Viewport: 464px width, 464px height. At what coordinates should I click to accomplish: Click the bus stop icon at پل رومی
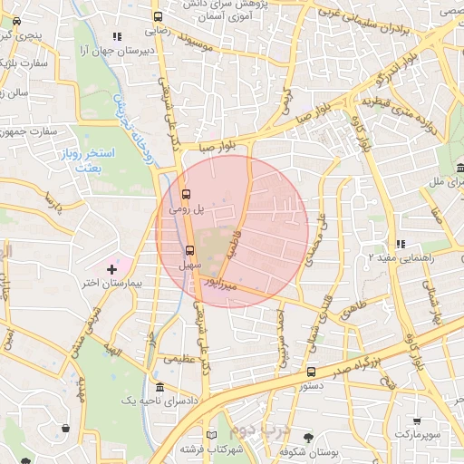(x=187, y=194)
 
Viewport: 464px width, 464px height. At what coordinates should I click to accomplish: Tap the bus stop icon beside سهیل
(x=190, y=250)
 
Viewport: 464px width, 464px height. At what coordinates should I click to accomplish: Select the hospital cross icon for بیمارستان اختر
(x=112, y=269)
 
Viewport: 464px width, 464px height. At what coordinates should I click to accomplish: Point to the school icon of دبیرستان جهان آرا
(x=116, y=36)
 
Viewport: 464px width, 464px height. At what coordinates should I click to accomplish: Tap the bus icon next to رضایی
(x=159, y=16)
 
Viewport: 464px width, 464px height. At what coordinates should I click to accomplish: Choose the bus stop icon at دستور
(x=312, y=372)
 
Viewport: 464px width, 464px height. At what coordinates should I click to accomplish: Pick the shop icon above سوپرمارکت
(x=416, y=420)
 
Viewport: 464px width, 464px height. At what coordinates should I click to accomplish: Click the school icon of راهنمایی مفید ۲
(x=400, y=244)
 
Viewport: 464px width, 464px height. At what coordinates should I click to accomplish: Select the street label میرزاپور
(x=221, y=284)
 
